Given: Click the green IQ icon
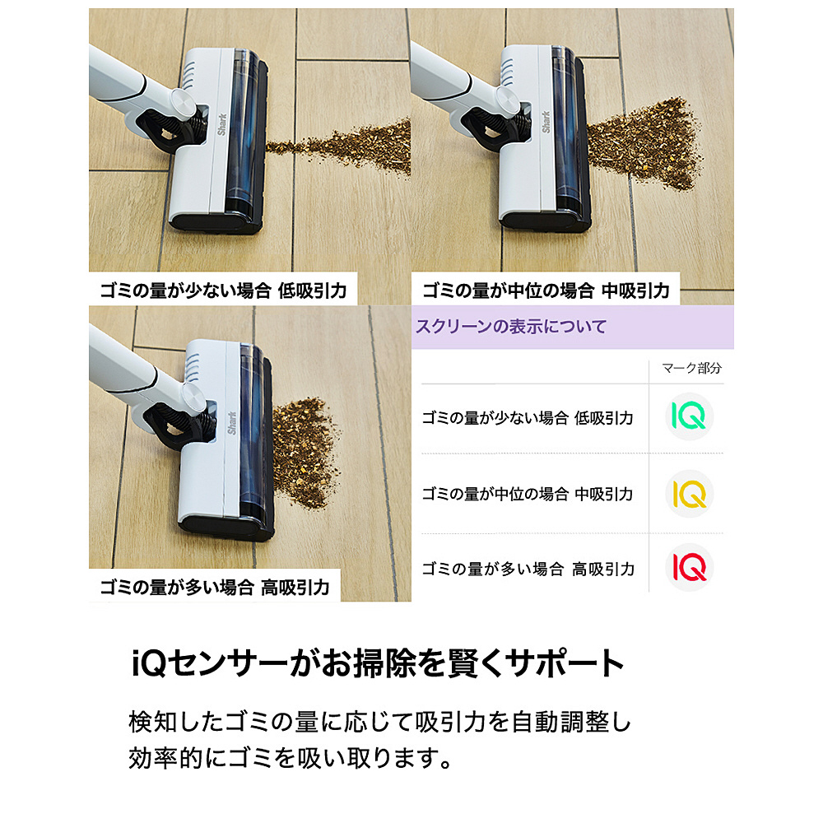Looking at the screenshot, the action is [x=689, y=416].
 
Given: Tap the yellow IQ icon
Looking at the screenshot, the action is [x=689, y=494].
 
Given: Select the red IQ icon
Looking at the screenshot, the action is [x=689, y=568].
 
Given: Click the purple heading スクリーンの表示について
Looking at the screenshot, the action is [x=511, y=327].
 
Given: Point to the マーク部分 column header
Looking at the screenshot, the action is [x=691, y=368].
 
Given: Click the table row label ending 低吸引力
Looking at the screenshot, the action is [x=528, y=418].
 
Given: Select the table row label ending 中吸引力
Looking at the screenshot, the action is [x=528, y=494].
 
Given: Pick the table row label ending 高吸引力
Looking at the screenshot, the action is [x=528, y=569].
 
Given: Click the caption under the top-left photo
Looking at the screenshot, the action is [x=223, y=291].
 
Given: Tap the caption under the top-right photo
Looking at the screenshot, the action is [x=546, y=291].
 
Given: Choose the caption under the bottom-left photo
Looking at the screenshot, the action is [x=215, y=587].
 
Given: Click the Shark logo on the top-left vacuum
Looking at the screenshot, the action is [x=222, y=124].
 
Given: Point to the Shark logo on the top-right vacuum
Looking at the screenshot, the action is [x=546, y=122].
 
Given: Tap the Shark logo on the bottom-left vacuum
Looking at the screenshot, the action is [x=231, y=423].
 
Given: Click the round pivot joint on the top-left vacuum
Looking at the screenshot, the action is [x=184, y=101].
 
